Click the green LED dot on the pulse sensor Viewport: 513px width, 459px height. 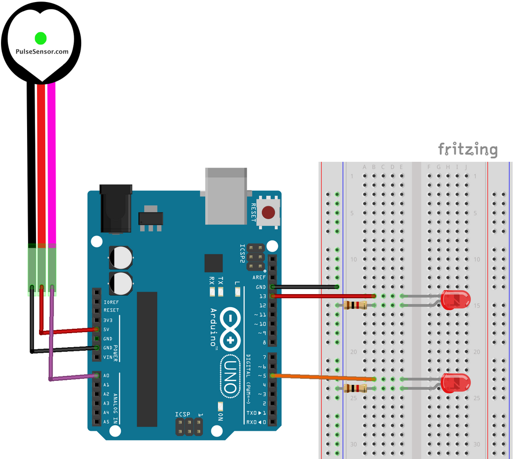41,38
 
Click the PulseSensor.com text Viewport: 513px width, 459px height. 42,52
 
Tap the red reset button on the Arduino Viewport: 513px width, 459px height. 269,212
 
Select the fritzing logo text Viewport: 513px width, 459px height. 468,149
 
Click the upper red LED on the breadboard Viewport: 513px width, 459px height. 455,300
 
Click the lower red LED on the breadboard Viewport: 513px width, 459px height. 455,383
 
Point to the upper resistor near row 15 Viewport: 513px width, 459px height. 355,305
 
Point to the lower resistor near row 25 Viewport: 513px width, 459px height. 355,388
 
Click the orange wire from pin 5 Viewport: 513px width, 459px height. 323,377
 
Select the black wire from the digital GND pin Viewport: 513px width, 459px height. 305,287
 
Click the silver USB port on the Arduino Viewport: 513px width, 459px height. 226,196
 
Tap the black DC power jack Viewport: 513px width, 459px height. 116,209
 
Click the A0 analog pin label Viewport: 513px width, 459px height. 106,376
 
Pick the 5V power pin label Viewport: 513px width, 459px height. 106,329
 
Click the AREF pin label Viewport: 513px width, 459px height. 259,278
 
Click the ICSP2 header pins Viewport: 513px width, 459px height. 255,257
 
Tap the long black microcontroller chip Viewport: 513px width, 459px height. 147,359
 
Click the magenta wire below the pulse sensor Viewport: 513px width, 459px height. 52,163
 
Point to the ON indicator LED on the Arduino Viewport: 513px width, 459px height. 220,407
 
